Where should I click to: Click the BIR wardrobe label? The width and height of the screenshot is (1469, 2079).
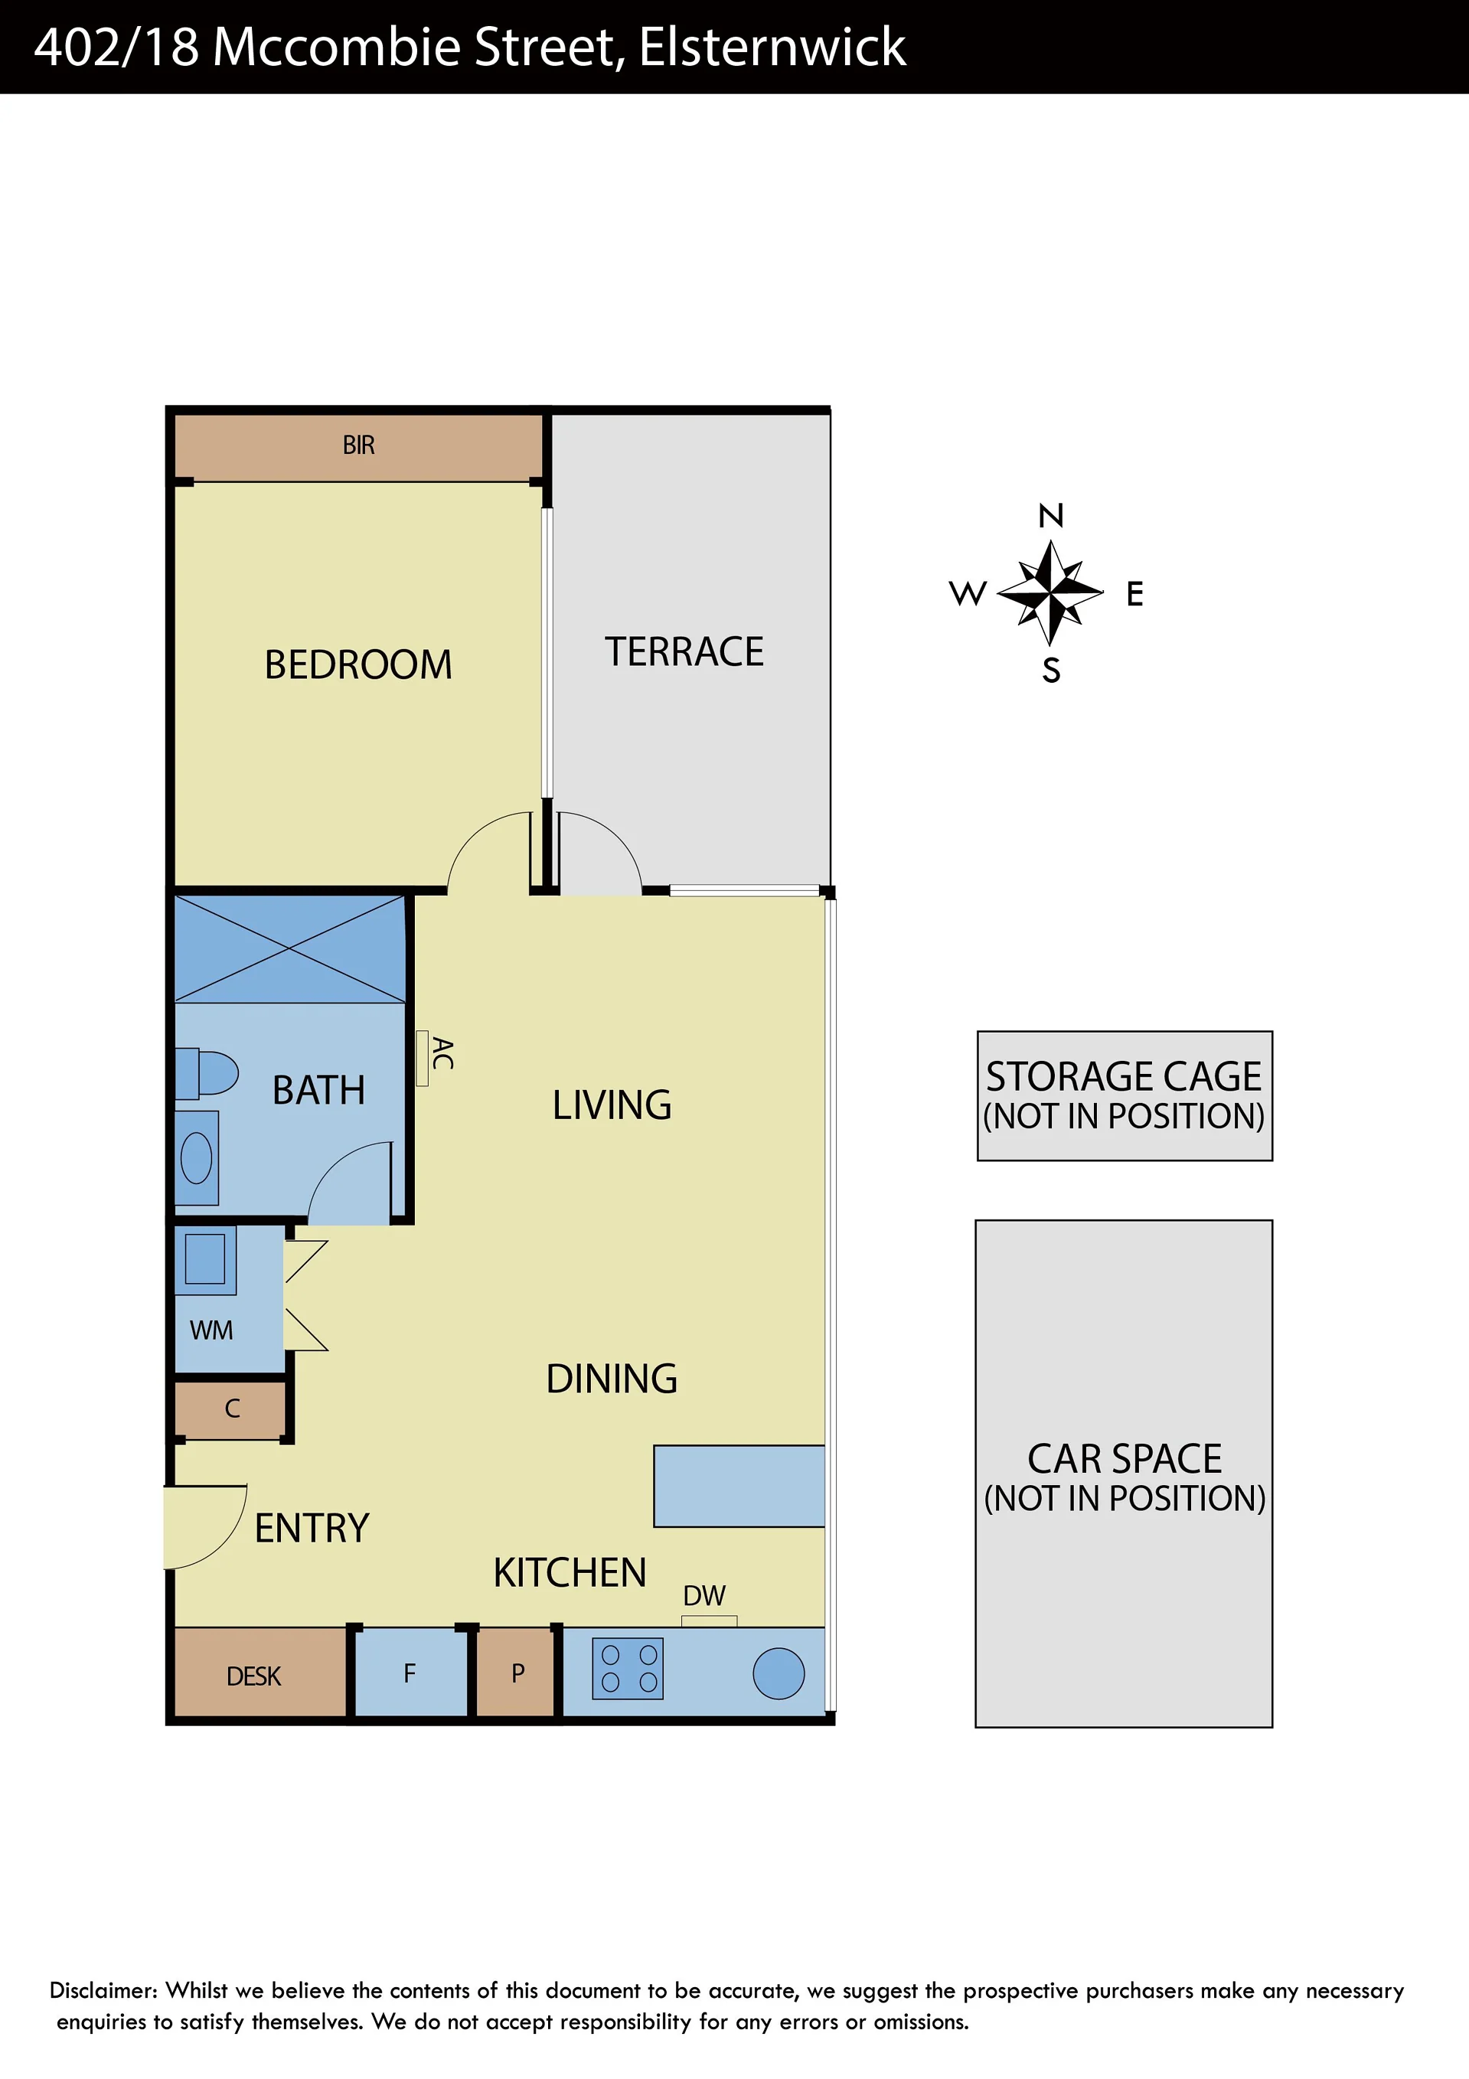(359, 445)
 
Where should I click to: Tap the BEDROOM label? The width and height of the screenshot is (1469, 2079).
(359, 664)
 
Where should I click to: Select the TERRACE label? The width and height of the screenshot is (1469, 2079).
(684, 652)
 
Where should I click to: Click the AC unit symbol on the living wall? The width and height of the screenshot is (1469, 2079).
(422, 1058)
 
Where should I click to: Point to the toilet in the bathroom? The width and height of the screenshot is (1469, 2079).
(207, 1073)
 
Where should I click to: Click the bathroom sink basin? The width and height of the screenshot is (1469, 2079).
(197, 1158)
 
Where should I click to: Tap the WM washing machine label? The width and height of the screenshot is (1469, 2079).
(211, 1330)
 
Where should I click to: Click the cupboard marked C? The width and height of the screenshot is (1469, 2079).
(231, 1409)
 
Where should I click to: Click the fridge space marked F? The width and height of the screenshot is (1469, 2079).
(410, 1674)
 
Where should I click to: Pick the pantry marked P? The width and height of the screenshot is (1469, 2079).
(515, 1674)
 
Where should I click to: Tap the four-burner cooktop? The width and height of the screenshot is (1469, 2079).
(628, 1668)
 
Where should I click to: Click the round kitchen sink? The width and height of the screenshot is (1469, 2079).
(779, 1673)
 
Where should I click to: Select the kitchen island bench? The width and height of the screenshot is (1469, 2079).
(739, 1486)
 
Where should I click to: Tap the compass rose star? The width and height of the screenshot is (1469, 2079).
(1050, 593)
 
